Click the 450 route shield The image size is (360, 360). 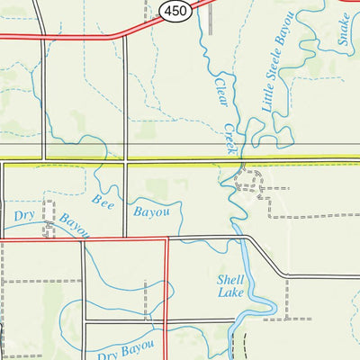tap(175, 9)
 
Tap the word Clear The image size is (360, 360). tap(220, 90)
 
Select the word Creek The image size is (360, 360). tap(230, 137)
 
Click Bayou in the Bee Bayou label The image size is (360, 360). tap(151, 213)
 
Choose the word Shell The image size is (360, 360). tap(231, 278)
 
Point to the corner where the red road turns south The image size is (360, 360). tap(166, 239)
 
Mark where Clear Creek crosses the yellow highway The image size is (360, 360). tap(225, 162)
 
